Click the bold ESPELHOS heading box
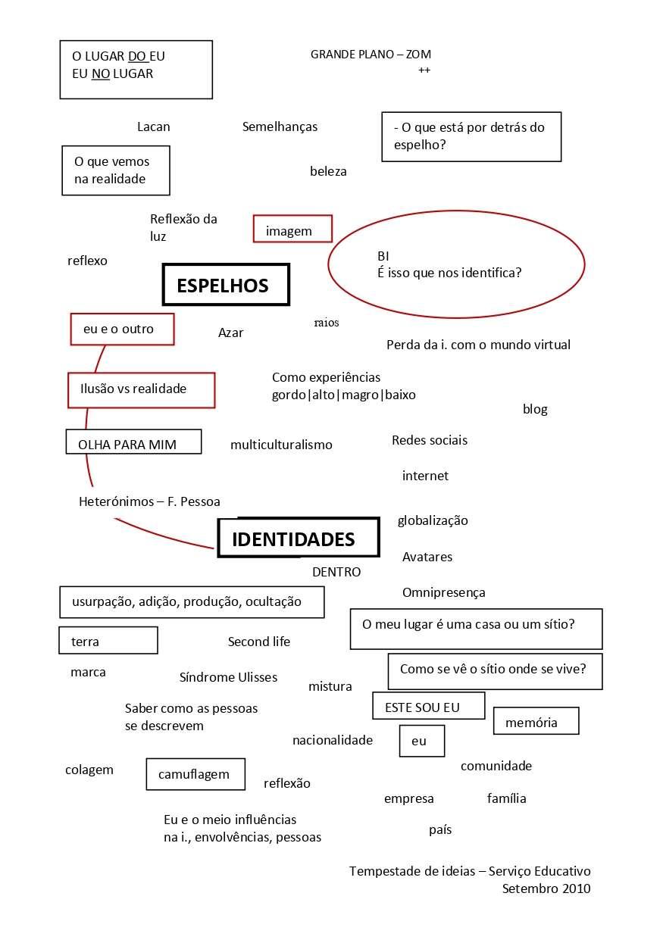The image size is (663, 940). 226,285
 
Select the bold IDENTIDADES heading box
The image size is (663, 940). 298,538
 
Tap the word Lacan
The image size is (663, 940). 153,127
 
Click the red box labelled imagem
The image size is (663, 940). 292,229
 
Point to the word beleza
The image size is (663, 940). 328,172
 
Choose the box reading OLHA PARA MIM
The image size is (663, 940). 133,442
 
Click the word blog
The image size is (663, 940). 535,410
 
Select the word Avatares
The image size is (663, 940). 427,557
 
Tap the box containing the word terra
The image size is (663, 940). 108,641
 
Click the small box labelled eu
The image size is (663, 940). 421,741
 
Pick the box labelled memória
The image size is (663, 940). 536,721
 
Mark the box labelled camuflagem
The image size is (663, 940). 195,774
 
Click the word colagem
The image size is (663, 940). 89,770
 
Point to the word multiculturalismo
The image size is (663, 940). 281,445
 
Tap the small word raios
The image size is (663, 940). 327,323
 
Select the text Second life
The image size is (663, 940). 259,642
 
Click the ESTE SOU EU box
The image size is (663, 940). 428,706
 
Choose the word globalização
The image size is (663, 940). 433,521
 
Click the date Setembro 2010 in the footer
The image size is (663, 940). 546,889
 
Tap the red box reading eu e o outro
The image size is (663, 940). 122,329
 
